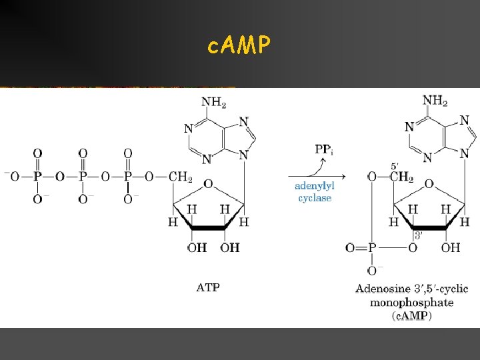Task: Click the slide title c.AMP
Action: (x=239, y=45)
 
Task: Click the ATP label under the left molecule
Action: (x=208, y=288)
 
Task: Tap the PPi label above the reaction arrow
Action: (x=323, y=149)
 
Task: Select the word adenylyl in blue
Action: (x=315, y=187)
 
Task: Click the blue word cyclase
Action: (x=315, y=198)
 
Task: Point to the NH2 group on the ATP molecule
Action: (x=214, y=102)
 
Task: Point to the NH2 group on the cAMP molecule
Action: (x=435, y=101)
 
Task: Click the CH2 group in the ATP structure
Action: (x=180, y=176)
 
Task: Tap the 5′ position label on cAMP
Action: (x=393, y=167)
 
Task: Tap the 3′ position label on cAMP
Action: (x=418, y=235)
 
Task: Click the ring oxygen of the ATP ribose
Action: (x=208, y=183)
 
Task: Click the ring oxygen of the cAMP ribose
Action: (x=429, y=183)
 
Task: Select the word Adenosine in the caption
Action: (x=383, y=289)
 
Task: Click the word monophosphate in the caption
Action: (x=412, y=302)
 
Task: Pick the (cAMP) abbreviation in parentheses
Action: (x=411, y=315)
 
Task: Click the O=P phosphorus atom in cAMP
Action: (x=371, y=247)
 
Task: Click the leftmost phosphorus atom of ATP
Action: (x=37, y=176)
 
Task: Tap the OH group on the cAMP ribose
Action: (x=451, y=247)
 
